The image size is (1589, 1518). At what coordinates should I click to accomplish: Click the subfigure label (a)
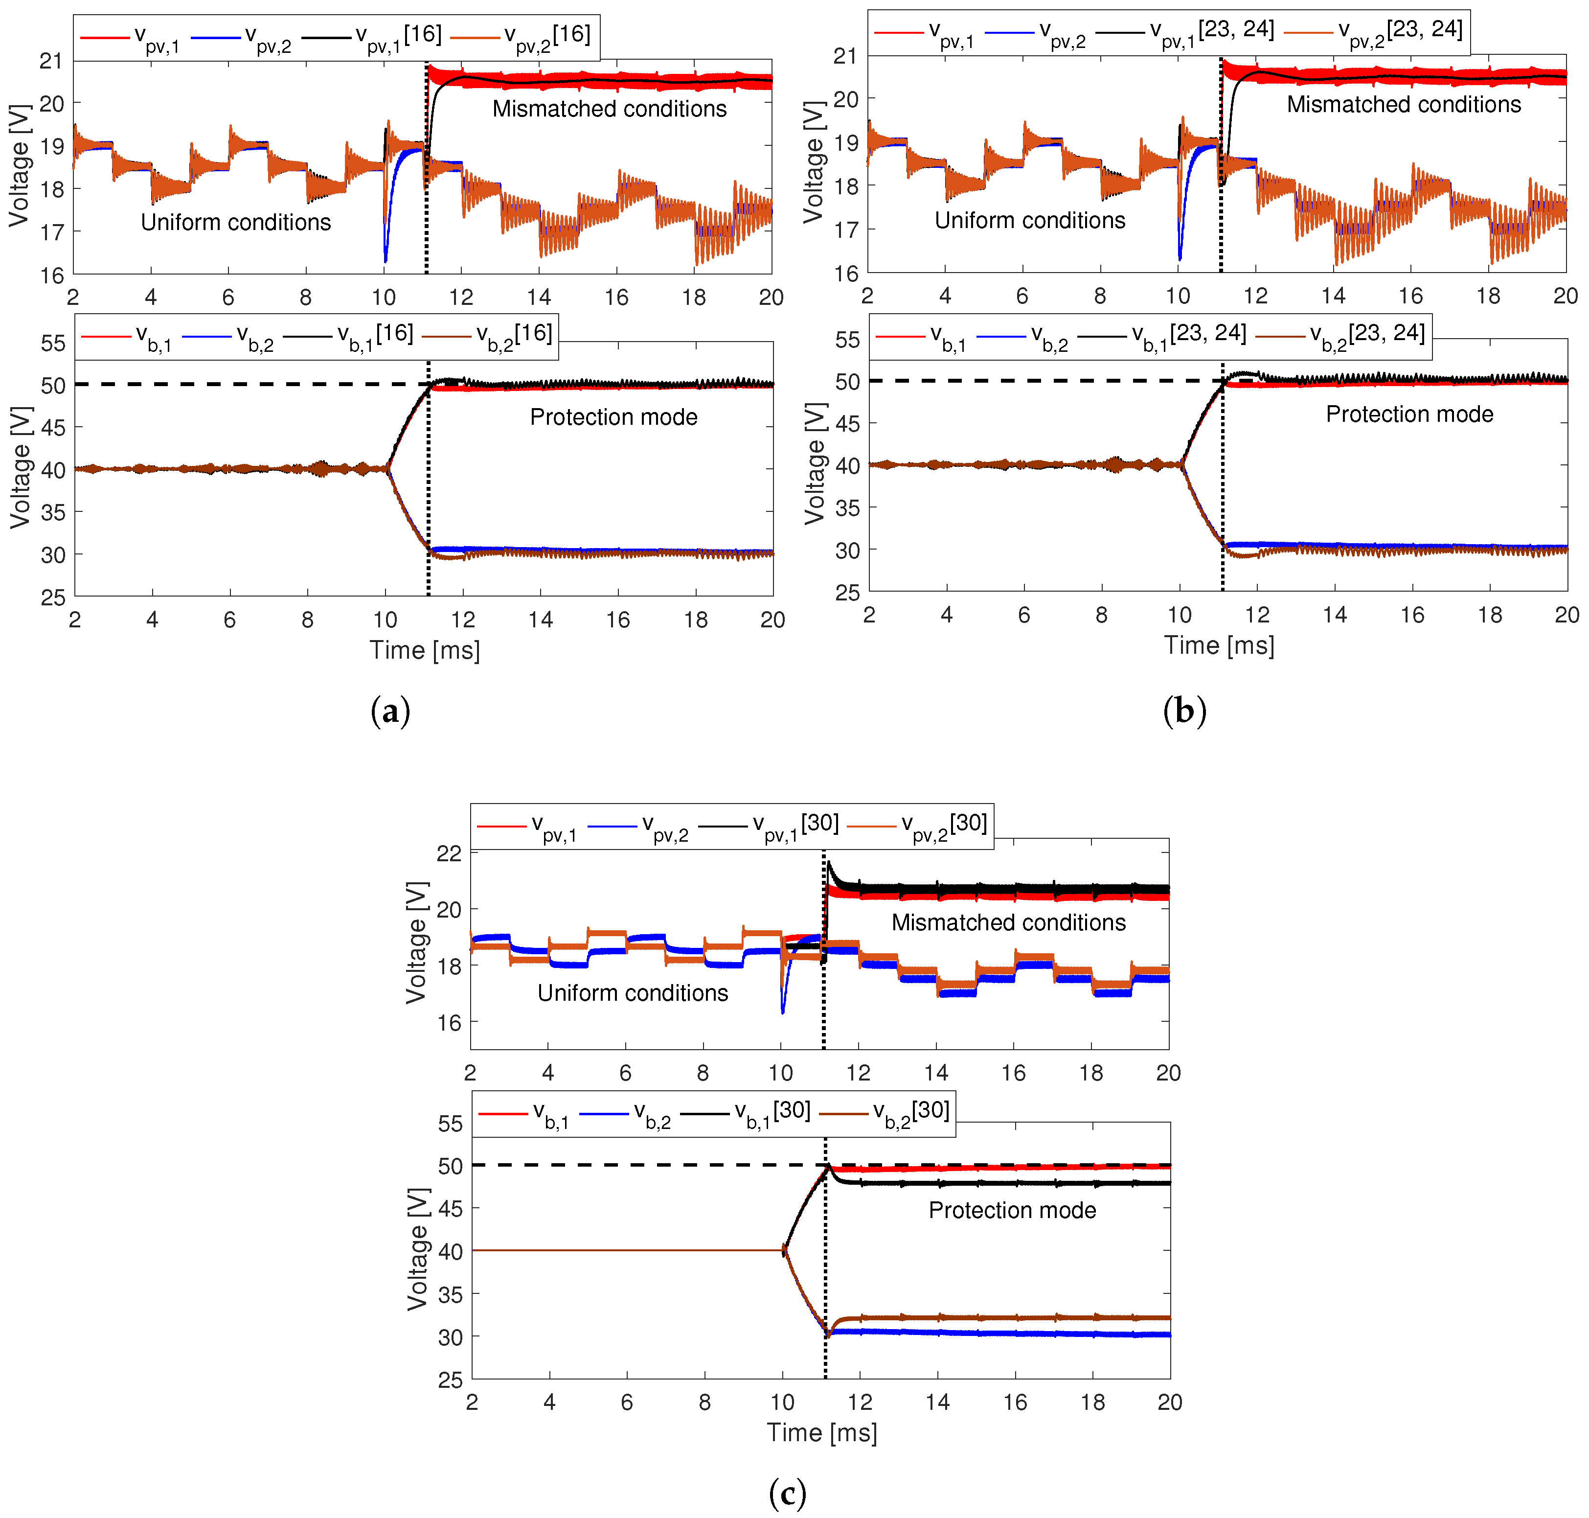(390, 711)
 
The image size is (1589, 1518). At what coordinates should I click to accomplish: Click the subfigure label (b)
(1183, 711)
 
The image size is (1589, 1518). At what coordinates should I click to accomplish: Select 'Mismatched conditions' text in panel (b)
(1403, 104)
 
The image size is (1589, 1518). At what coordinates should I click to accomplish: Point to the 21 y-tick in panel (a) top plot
(50, 61)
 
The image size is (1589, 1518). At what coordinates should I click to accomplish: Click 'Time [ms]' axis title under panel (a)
(424, 650)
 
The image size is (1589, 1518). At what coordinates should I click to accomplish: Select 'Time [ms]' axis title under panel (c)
(821, 1432)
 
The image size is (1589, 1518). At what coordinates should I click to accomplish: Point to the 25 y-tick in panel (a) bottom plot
(52, 597)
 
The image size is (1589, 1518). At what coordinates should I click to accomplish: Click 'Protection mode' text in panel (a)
(613, 417)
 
